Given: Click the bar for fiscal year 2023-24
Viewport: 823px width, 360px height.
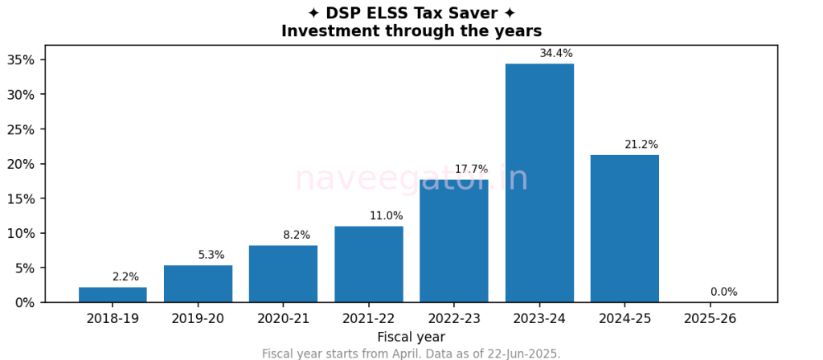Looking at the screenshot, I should (x=539, y=183).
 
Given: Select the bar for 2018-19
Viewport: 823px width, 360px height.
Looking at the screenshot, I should (x=113, y=295).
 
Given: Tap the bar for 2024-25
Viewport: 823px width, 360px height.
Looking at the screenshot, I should (x=624, y=229).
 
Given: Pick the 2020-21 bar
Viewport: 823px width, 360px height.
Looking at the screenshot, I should (x=283, y=274).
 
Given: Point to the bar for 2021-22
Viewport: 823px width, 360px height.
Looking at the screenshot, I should (x=369, y=264).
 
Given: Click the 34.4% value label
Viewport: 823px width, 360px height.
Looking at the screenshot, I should (x=556, y=54).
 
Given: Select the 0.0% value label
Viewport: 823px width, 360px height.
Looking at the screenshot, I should (x=723, y=292).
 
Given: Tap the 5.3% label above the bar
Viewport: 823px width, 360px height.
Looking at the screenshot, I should (x=211, y=256).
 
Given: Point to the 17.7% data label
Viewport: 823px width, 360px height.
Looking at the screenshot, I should (x=471, y=170).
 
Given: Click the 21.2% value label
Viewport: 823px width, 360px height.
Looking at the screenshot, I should (x=641, y=145).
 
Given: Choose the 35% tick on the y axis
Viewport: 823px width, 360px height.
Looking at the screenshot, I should (x=21, y=60).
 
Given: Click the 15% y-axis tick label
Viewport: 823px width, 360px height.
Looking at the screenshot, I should (x=21, y=198).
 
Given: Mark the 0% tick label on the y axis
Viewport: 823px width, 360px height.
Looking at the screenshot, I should (x=24, y=303).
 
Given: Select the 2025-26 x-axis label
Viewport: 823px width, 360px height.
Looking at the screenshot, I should (x=710, y=319).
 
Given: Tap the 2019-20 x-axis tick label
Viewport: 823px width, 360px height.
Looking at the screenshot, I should (x=198, y=319).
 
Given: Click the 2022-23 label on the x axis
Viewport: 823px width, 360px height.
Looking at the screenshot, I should (x=454, y=319).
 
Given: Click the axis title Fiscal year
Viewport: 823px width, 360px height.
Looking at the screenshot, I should (x=411, y=337).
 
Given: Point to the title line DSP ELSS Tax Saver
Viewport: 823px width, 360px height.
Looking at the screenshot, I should (x=411, y=14).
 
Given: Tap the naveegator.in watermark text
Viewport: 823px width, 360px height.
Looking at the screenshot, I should (x=411, y=178).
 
